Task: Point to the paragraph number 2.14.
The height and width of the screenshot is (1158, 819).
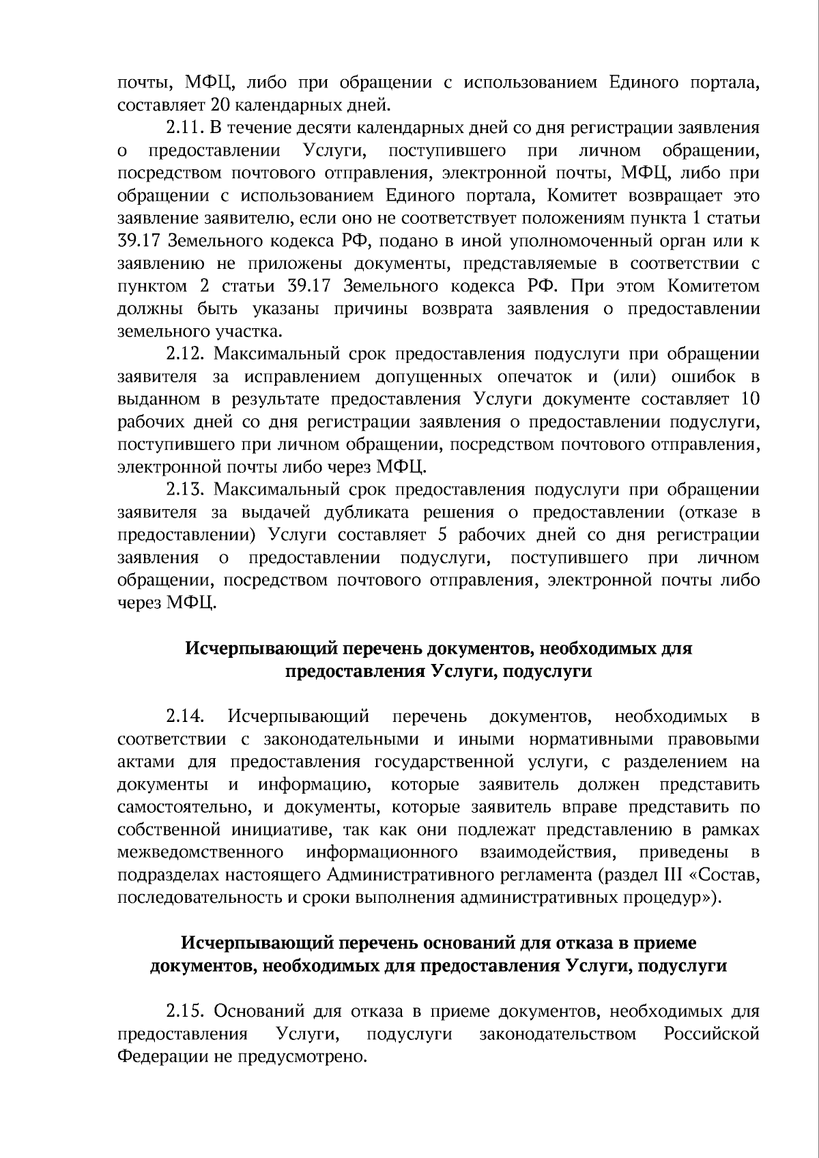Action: click(x=185, y=716)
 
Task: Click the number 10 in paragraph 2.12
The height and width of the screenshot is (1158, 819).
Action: click(x=750, y=399)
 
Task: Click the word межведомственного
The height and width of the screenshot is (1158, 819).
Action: click(x=201, y=852)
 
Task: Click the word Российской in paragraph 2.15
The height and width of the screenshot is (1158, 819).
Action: click(x=711, y=1034)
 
